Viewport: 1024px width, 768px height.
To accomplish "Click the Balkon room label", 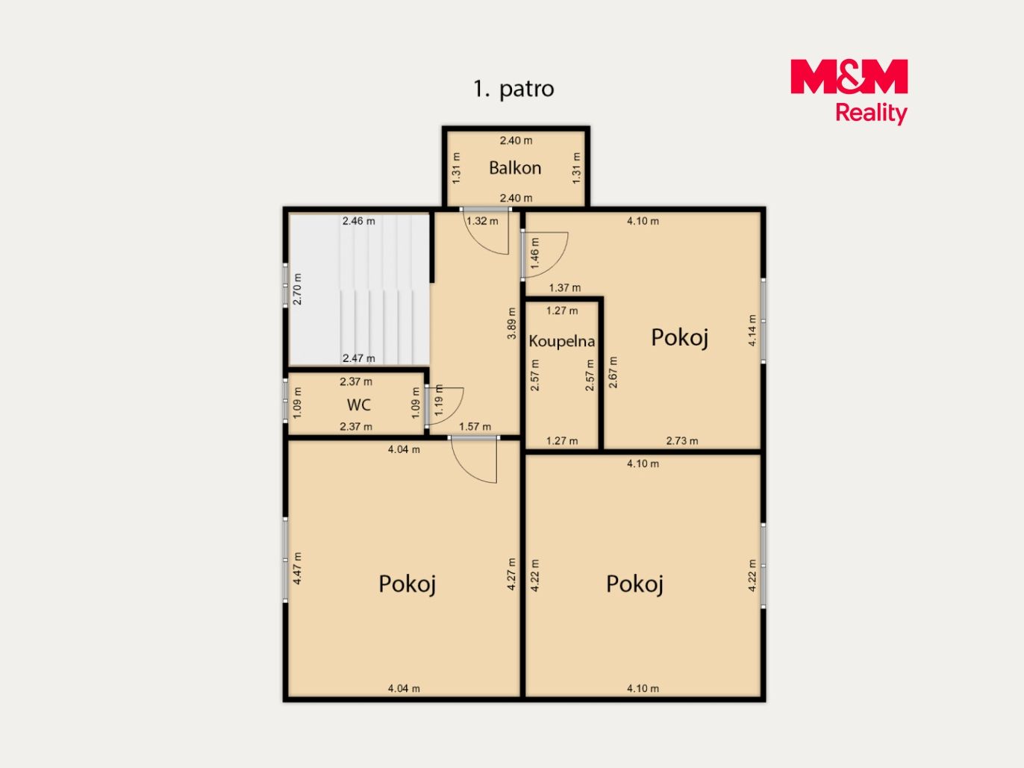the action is click(x=515, y=168).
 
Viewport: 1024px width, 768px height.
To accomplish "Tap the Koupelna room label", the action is click(x=562, y=342).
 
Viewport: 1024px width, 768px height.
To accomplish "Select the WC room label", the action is click(x=359, y=405).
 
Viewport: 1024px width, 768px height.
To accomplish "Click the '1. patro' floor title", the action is click(x=513, y=89).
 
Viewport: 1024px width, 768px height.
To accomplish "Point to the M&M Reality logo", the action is click(x=849, y=91).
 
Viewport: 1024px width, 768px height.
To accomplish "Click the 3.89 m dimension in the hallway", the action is click(x=512, y=323).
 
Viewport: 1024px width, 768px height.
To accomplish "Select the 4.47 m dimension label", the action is click(x=297, y=568).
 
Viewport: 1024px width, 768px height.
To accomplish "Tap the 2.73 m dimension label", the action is click(x=682, y=440).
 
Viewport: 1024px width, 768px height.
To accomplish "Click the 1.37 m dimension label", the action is click(x=565, y=287).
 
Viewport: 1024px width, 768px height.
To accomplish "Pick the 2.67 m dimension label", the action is click(x=613, y=372).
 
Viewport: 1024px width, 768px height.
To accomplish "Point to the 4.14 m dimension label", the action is click(x=752, y=330).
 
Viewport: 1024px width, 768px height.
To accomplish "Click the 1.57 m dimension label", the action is click(x=475, y=427).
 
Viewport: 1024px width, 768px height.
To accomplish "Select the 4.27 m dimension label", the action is click(x=511, y=574).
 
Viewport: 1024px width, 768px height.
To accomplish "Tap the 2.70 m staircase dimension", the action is click(x=297, y=289).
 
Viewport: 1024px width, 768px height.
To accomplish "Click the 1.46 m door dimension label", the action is click(x=534, y=253).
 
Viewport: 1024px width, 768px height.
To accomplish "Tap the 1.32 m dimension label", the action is click(x=482, y=221).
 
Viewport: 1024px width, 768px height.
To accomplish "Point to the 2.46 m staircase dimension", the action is click(x=359, y=221).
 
